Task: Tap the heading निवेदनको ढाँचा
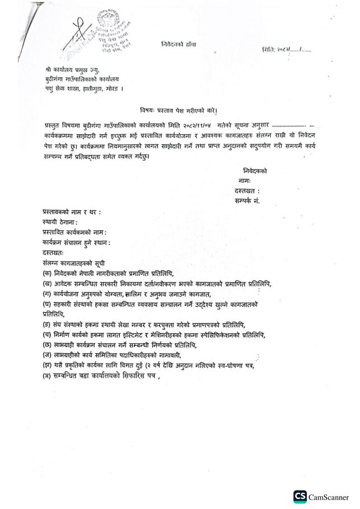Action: tap(179, 44)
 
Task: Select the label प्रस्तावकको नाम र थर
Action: tap(72, 212)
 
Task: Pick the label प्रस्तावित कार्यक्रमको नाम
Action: tap(74, 232)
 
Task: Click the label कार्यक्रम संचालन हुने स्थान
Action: tap(76, 242)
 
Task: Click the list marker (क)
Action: tap(46, 273)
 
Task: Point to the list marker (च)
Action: tap(46, 335)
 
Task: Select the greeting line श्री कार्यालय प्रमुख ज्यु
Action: tap(73, 69)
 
